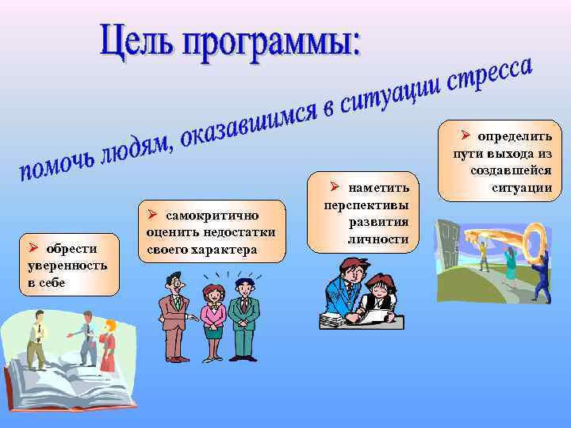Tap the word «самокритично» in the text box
pyautogui.click(x=217, y=216)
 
